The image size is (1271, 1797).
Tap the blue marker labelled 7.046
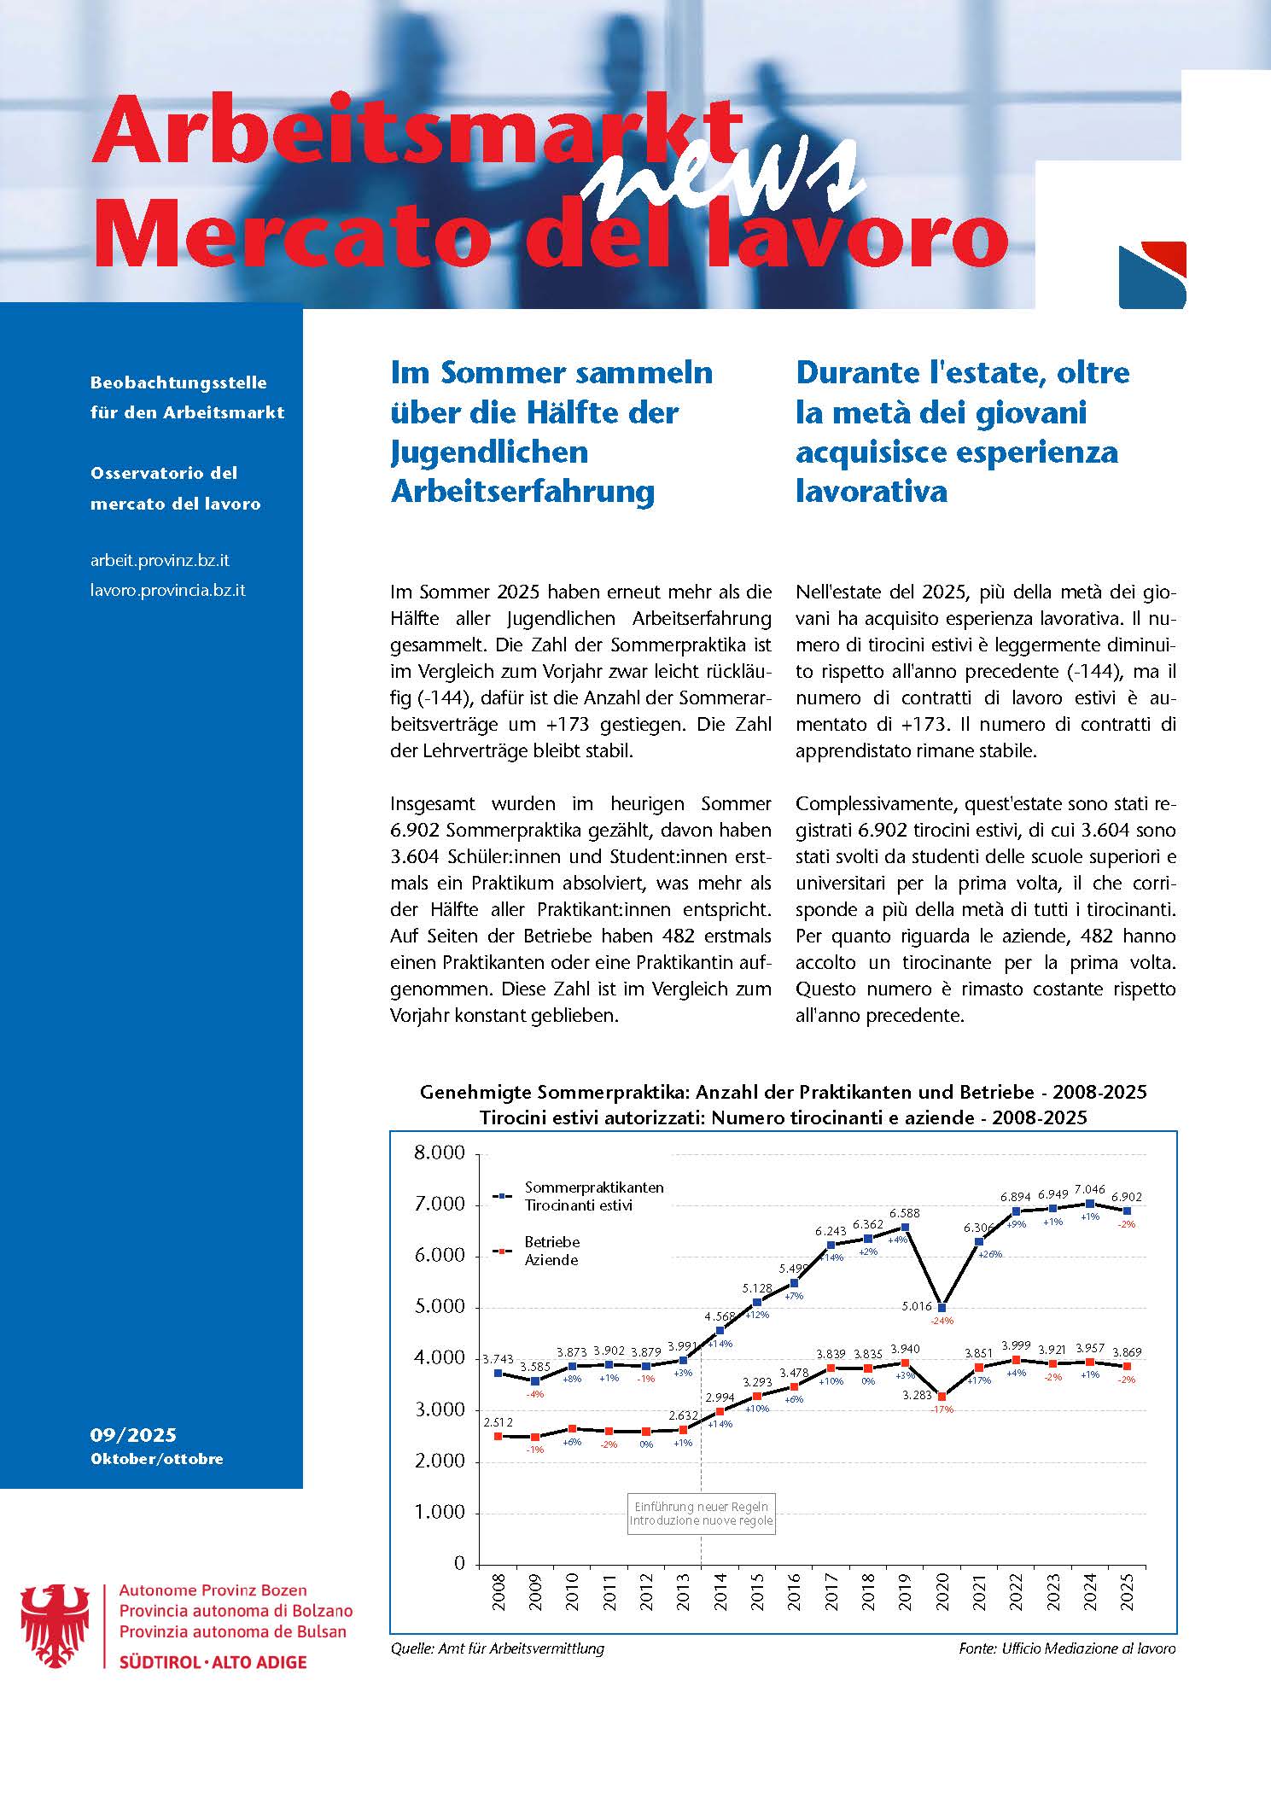point(1090,1204)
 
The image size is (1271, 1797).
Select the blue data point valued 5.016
point(942,1307)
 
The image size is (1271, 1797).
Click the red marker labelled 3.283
point(942,1397)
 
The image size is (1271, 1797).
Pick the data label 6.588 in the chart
point(904,1212)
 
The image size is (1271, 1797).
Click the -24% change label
point(942,1321)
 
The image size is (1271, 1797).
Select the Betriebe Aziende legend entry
point(551,1251)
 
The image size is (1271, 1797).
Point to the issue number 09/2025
point(133,1435)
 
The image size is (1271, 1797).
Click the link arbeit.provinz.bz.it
point(160,561)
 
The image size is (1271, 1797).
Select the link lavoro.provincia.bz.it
point(168,590)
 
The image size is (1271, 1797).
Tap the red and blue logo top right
point(1152,275)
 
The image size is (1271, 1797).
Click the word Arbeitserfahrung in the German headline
point(522,491)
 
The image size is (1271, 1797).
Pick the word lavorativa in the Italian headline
point(872,491)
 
